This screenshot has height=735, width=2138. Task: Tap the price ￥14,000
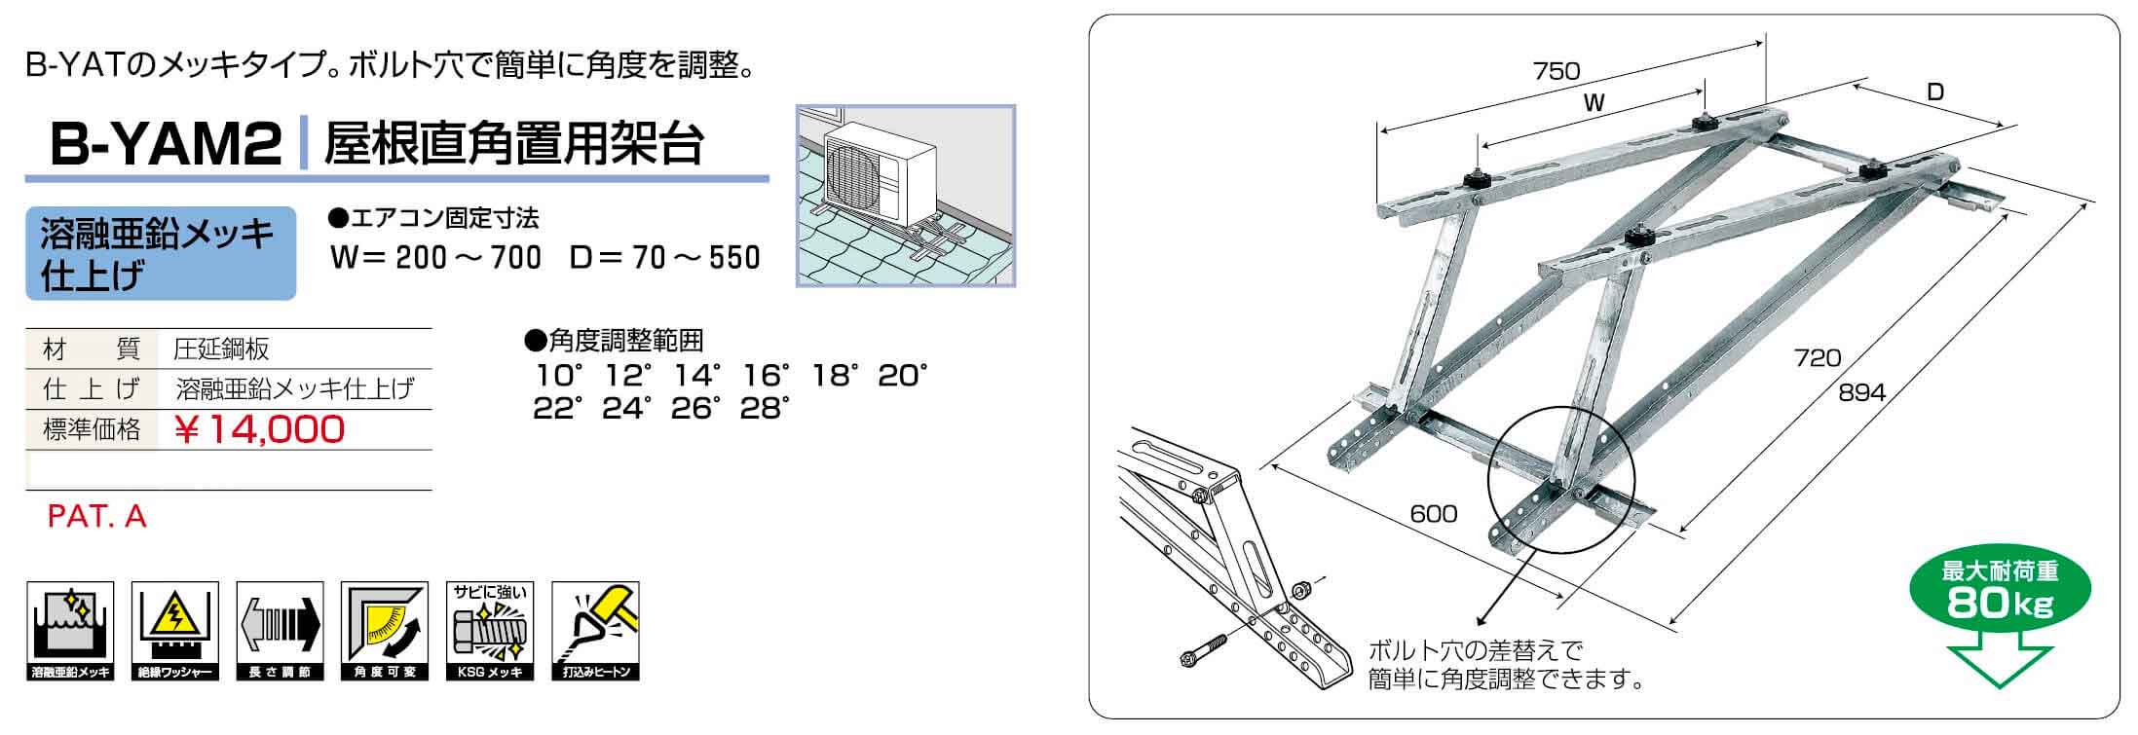pos(259,429)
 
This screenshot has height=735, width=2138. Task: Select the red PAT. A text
pos(96,516)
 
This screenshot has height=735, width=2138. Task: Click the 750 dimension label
pos(1557,70)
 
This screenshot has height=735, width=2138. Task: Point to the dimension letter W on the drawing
pos(1594,103)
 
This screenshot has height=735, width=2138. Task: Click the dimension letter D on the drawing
pos(1935,92)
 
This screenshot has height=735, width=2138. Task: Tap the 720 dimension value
pos(1818,357)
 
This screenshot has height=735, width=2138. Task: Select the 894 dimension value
pos(1862,392)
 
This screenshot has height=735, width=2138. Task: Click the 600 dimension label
pos(1434,513)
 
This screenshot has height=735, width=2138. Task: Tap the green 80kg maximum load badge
pos(2000,591)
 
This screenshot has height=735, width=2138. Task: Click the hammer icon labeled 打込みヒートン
pos(595,630)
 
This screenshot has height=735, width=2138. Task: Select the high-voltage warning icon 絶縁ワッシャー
pos(175,630)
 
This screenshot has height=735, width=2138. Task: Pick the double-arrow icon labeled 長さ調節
pos(281,630)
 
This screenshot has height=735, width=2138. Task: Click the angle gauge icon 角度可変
pos(385,630)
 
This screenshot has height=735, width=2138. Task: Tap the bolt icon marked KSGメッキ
pos(490,630)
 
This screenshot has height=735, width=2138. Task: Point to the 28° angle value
pos(763,409)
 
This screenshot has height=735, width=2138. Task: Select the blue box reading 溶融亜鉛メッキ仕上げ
pos(161,253)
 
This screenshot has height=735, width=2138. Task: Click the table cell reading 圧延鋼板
pos(221,349)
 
